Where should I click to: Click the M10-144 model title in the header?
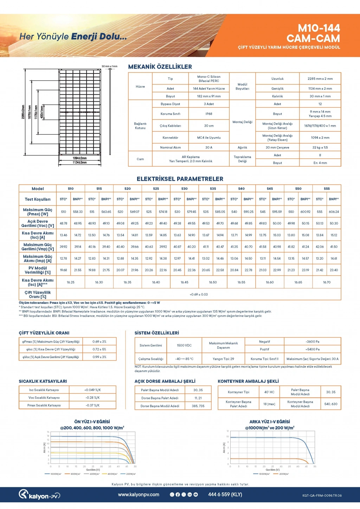click(319, 28)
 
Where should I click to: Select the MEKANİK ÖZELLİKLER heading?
click(160, 67)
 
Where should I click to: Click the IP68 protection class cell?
click(209, 114)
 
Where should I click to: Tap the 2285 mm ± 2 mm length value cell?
click(320, 79)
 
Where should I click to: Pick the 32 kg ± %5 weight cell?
click(320, 148)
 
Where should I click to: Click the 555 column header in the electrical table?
click(327, 189)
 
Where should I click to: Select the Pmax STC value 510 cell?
click(64, 212)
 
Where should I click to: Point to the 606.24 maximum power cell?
click(334, 212)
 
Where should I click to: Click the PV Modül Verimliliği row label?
click(38, 270)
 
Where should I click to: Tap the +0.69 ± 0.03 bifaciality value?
click(199, 294)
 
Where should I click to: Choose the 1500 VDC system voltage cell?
click(184, 345)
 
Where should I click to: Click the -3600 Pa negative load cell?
click(312, 342)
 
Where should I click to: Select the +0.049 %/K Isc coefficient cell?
click(92, 390)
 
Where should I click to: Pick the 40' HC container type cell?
click(269, 392)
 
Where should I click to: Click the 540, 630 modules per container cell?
click(330, 404)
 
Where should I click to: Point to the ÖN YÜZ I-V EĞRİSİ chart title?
click(92, 422)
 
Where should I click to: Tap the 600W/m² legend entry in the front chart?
click(95, 474)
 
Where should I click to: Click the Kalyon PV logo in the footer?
click(39, 495)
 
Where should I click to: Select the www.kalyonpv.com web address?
click(139, 495)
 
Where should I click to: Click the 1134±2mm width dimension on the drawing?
click(80, 163)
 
